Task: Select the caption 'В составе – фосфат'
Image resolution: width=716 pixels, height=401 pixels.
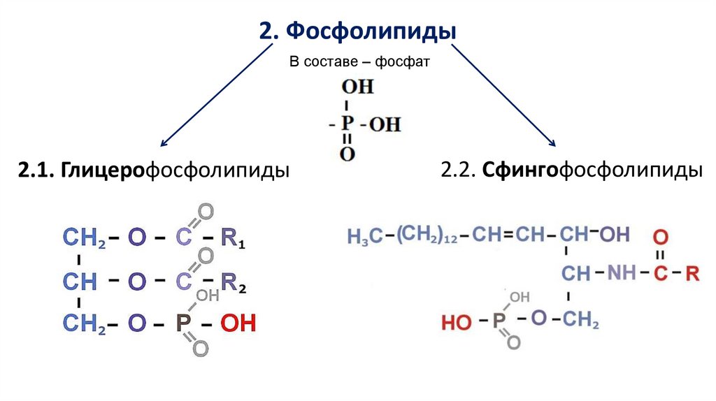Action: pyautogui.click(x=358, y=61)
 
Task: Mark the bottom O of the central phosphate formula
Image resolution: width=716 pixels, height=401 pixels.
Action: pyautogui.click(x=348, y=154)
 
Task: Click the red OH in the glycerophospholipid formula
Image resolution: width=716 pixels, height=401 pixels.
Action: pyautogui.click(x=238, y=324)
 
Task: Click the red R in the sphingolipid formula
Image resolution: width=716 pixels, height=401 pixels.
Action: pyautogui.click(x=692, y=273)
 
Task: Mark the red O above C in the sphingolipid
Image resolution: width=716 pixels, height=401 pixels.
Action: pyautogui.click(x=661, y=235)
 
